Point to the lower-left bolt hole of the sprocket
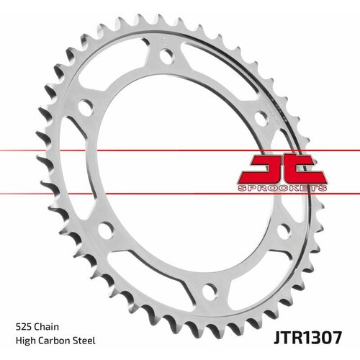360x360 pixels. point(106,230)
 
